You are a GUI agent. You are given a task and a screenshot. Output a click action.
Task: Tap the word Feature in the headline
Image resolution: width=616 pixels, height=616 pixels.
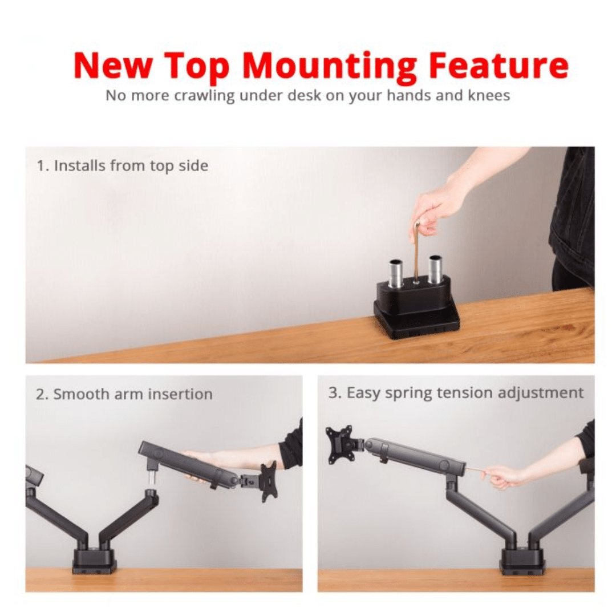[x=498, y=65]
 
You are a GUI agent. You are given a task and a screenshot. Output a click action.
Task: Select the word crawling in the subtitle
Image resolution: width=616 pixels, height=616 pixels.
[x=204, y=96]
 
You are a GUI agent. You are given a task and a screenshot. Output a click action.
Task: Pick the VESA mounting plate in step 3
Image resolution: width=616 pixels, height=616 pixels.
[x=341, y=444]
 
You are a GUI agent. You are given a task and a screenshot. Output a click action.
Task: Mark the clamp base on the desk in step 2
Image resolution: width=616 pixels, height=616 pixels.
[x=94, y=561]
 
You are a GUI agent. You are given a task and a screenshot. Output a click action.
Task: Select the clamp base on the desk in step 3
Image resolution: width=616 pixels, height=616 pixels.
[x=522, y=561]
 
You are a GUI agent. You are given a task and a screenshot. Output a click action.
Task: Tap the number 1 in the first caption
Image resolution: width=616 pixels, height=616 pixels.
[x=40, y=166]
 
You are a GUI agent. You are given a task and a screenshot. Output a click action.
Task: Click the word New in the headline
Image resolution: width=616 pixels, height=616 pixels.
[x=113, y=65]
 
